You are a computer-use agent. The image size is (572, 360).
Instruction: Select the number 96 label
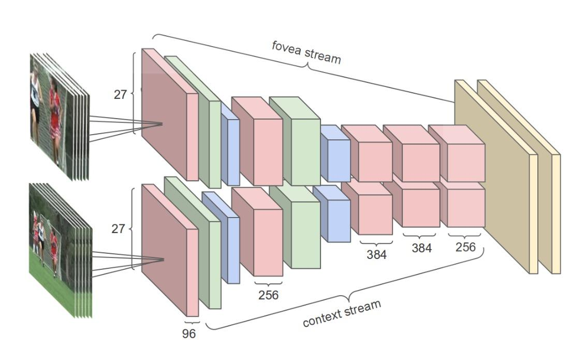coord(189,334)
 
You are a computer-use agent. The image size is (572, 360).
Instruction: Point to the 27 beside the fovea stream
coord(120,95)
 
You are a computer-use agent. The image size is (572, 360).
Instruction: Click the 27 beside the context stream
coord(118,228)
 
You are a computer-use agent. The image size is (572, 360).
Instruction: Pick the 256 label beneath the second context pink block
coord(268,295)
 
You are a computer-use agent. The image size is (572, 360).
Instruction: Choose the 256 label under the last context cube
coord(465,247)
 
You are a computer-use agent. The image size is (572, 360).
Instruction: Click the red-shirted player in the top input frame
coord(54,114)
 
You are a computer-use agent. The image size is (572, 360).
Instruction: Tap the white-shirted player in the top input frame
coord(35,98)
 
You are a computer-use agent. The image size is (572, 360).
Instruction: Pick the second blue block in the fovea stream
coord(335,155)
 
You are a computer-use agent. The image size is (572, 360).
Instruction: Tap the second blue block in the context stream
coord(334,218)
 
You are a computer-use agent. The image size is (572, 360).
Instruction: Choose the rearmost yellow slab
coord(555,212)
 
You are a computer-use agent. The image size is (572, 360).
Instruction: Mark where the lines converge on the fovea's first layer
coord(163,124)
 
